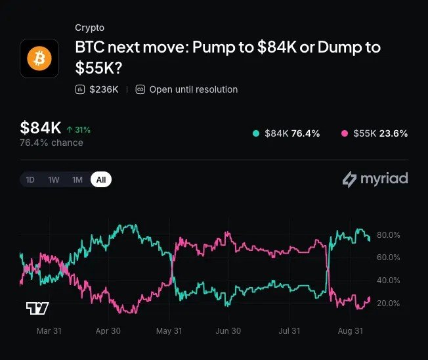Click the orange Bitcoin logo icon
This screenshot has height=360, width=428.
coord(39,58)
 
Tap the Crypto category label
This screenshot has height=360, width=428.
coord(89,28)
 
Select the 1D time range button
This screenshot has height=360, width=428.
coord(30,180)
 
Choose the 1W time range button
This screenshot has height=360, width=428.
coord(54,180)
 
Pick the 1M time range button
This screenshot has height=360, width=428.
coord(77,180)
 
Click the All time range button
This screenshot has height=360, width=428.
coord(101,179)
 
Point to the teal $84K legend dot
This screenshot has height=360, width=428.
coord(256,133)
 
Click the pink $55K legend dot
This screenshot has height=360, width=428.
coord(345,133)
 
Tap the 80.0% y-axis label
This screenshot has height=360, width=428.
coord(389,235)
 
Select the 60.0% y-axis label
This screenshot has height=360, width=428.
coord(389,258)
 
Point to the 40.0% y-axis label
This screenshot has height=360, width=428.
coord(389,281)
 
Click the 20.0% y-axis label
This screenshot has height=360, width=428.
coord(389,304)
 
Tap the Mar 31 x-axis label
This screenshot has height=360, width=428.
coord(49,331)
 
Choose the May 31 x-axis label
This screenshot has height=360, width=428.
coord(169,331)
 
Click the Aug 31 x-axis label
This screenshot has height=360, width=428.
coord(351,331)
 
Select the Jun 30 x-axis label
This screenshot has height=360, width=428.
coord(228,331)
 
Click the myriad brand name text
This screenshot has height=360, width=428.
coord(384,179)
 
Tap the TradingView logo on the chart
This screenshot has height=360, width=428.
coord(37,308)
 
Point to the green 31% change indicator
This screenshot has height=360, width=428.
coord(78,129)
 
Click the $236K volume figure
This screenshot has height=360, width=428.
coord(104,89)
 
